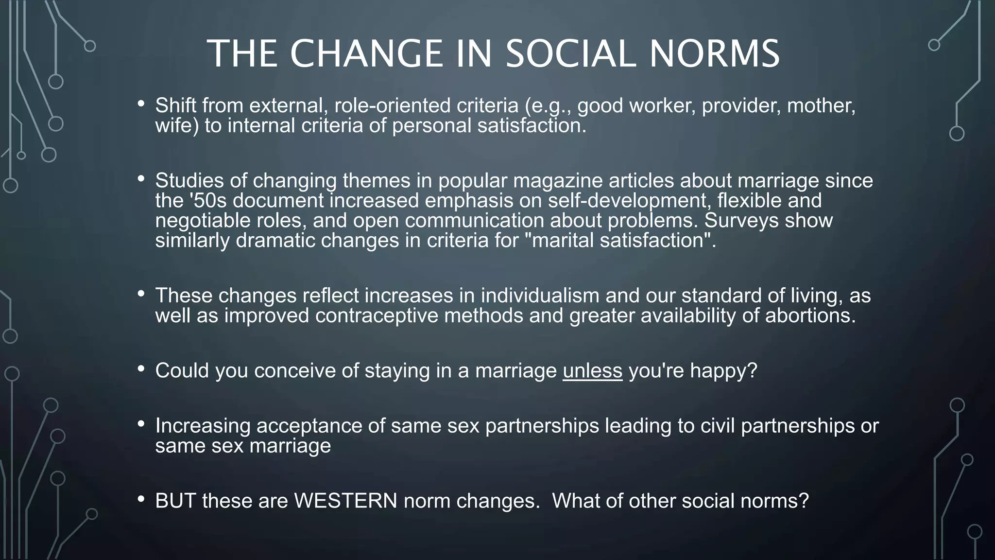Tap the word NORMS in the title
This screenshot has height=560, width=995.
[x=715, y=53]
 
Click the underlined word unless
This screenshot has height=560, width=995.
[x=592, y=371]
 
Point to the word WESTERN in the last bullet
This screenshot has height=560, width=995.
[x=345, y=501]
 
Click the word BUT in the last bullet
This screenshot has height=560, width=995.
[x=175, y=501]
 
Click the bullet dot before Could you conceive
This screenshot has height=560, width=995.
[x=141, y=369]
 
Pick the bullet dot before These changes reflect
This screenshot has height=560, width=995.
[x=141, y=294]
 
